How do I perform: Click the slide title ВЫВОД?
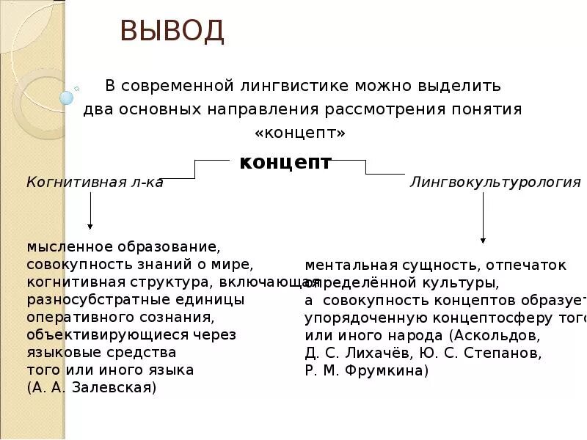[x=172, y=32]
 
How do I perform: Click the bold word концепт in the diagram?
[x=285, y=162]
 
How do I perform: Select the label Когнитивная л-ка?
[x=95, y=183]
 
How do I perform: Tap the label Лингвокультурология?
[x=495, y=183]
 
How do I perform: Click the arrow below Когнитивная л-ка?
[x=90, y=213]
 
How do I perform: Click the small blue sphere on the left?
[x=67, y=97]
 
